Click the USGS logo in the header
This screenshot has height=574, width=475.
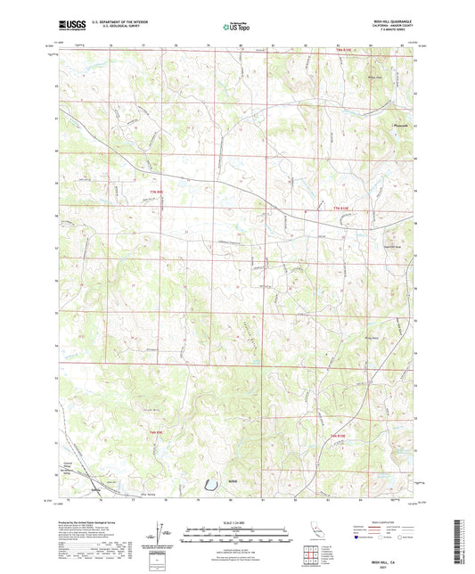[73, 27]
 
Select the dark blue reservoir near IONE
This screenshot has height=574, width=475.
[209, 485]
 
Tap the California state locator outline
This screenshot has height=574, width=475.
[315, 532]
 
